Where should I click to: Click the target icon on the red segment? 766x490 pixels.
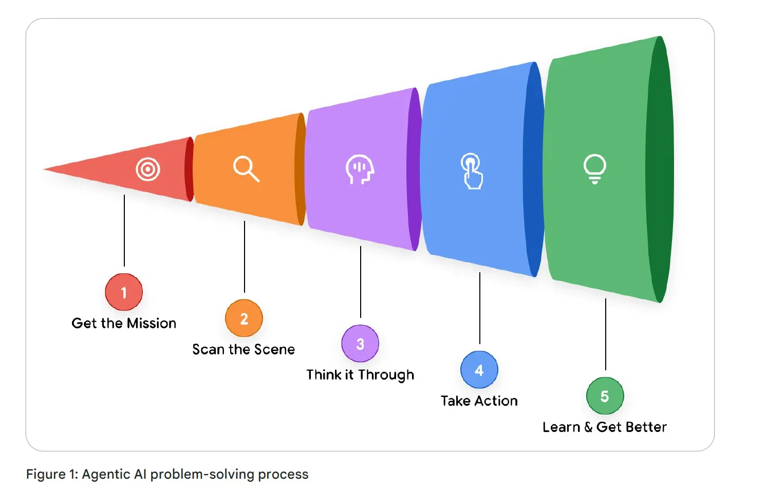(x=148, y=169)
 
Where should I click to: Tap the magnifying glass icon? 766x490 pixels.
(x=246, y=169)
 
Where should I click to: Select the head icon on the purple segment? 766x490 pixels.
(x=360, y=169)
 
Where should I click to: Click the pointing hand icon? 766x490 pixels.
(x=472, y=171)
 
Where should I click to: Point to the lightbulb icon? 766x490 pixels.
(x=594, y=168)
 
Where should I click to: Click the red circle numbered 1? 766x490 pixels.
(x=124, y=292)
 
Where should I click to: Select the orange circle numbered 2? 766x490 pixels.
(x=244, y=318)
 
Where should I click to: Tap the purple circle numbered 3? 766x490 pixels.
(x=360, y=344)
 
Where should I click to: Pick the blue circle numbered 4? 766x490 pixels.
(x=479, y=370)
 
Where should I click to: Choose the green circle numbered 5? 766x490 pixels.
(x=605, y=396)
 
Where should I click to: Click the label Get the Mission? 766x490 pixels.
(x=124, y=323)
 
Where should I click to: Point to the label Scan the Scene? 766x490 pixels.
(x=244, y=349)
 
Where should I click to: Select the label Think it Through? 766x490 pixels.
(x=360, y=375)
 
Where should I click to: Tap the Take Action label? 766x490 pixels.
(x=479, y=401)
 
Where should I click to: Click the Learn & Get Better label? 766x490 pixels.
(x=605, y=427)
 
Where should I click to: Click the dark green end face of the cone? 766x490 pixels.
(x=660, y=169)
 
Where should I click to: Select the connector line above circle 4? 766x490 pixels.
(x=480, y=308)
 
